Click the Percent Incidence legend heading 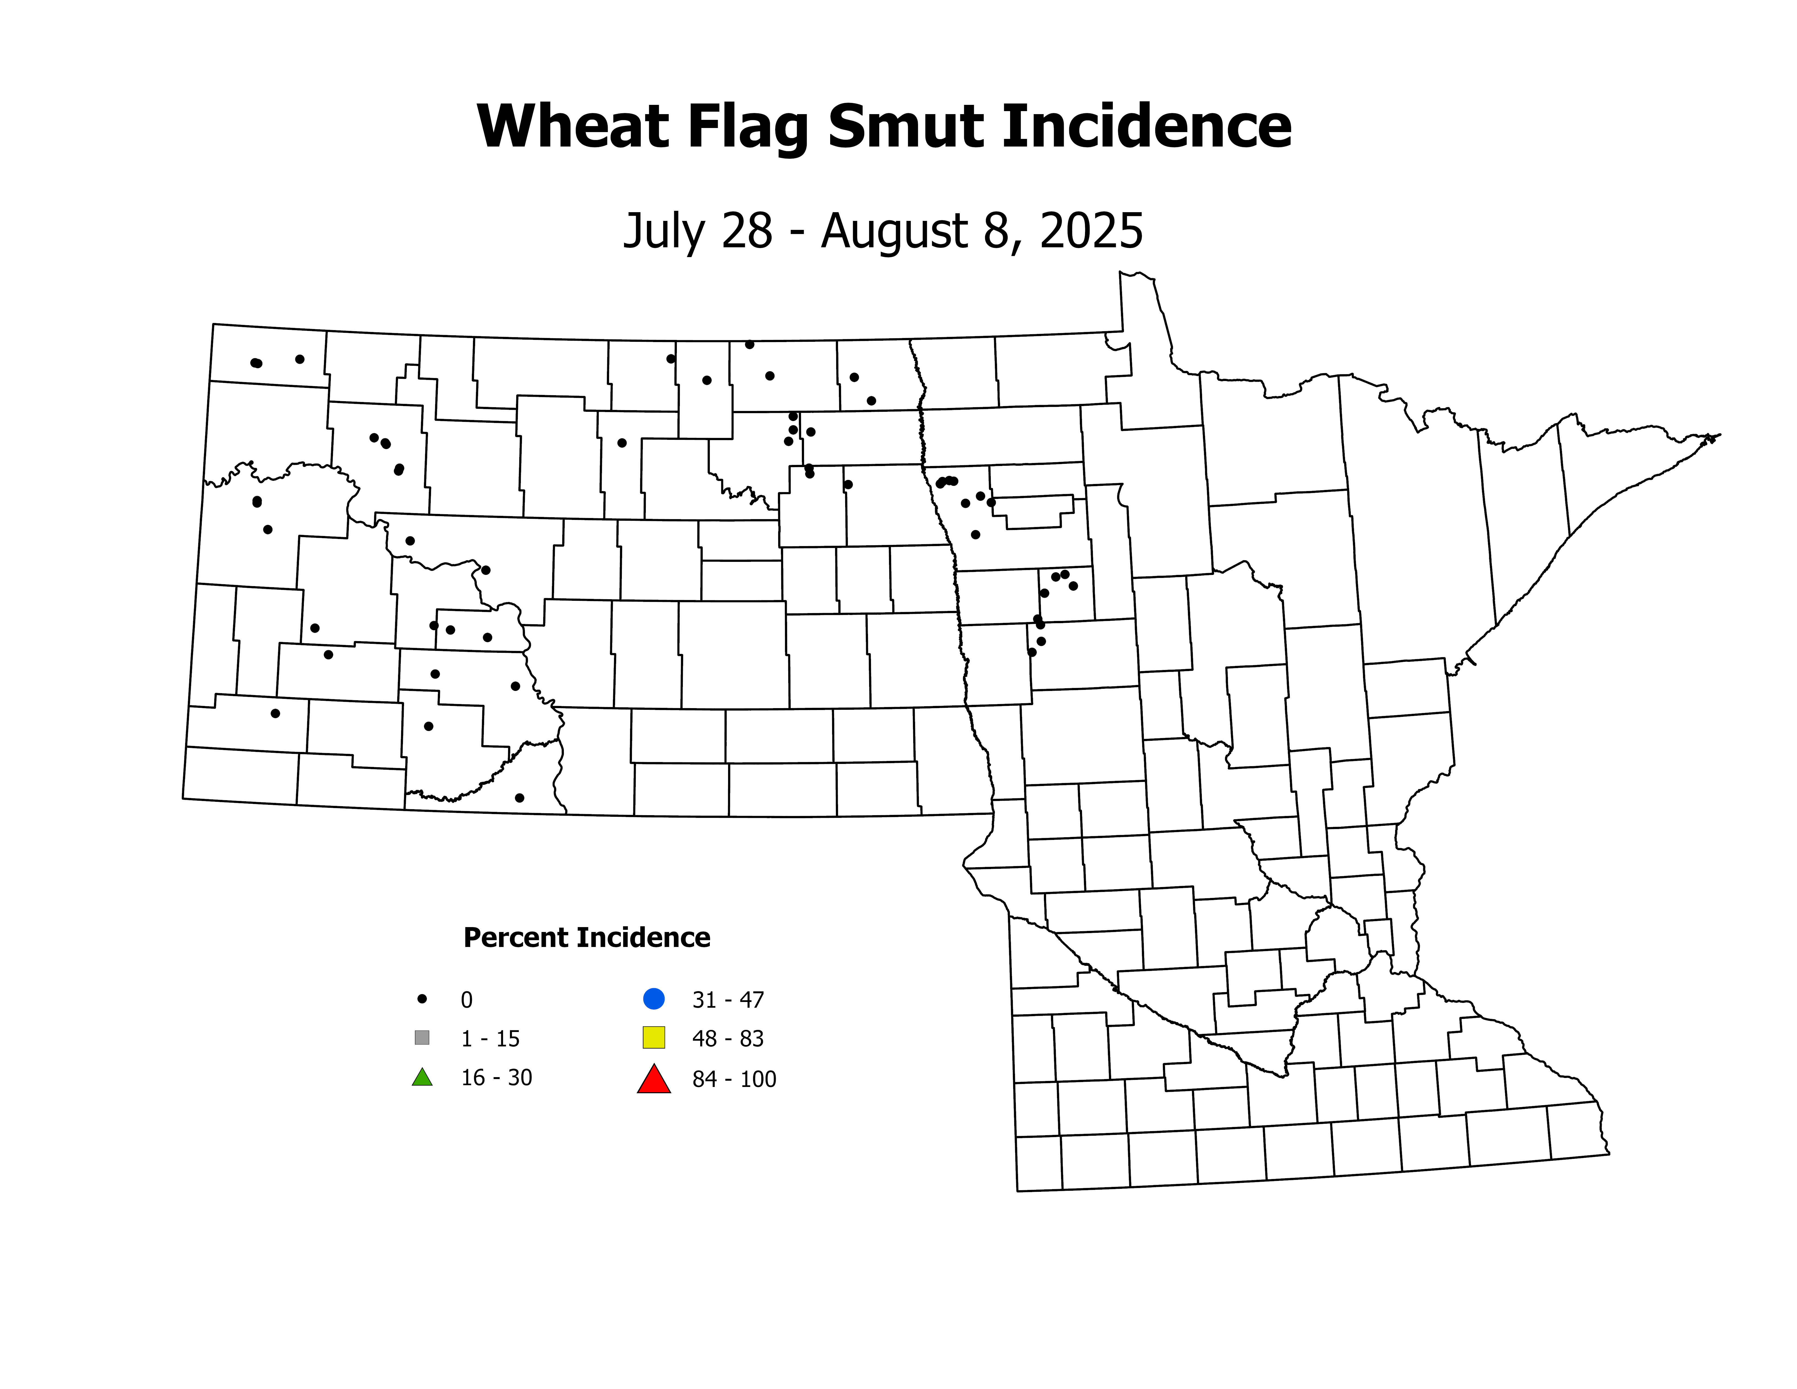tap(587, 937)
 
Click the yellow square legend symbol tap(654, 1038)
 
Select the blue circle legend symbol tap(654, 999)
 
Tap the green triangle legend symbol tap(422, 1077)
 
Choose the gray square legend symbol tap(422, 1038)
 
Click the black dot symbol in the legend tap(422, 999)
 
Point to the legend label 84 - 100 tap(734, 1079)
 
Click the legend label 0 tap(466, 1000)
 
